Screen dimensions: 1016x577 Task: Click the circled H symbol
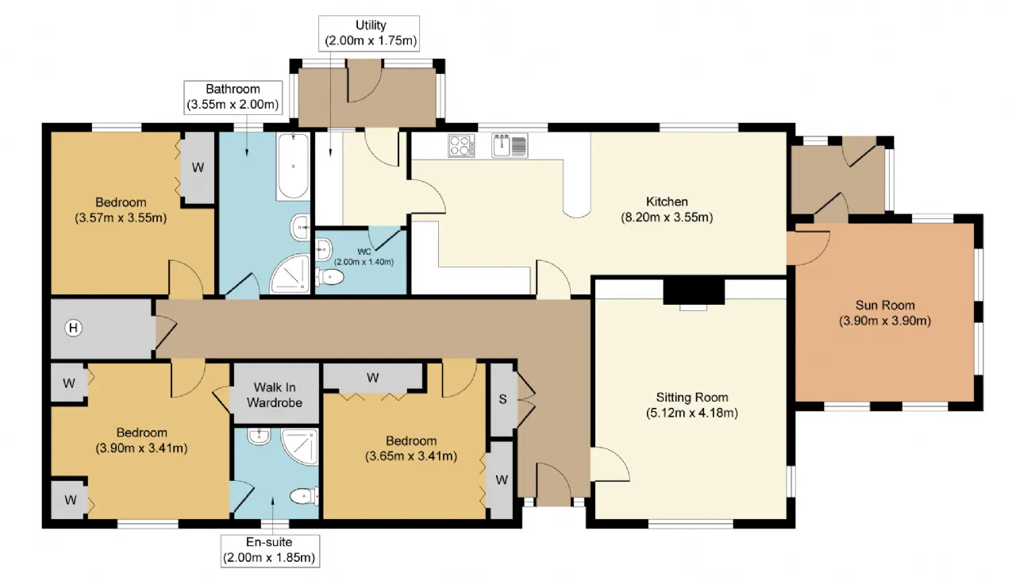tap(74, 328)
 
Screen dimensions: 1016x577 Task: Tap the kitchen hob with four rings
tap(461, 145)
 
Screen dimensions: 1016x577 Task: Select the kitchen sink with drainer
tap(510, 145)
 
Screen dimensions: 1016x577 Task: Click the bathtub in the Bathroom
tap(293, 167)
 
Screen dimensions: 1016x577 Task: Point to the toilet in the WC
tap(329, 277)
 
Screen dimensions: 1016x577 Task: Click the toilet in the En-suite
tap(304, 496)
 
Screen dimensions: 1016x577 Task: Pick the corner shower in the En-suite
tap(299, 447)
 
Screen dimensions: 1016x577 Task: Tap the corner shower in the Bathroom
tap(291, 274)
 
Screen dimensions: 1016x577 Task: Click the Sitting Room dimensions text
tap(691, 413)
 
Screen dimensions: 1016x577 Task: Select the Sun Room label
tap(885, 306)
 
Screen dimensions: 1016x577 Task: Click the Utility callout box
tap(369, 33)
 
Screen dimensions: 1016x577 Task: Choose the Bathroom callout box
tap(233, 97)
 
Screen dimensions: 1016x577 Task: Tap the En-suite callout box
tap(271, 551)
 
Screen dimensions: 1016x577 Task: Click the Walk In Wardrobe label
tap(275, 395)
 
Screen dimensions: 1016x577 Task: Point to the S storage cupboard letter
tap(502, 399)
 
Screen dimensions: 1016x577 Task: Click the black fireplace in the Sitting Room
tap(694, 291)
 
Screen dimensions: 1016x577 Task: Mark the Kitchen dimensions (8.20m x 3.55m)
tap(667, 217)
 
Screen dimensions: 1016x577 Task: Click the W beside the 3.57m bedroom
tap(198, 167)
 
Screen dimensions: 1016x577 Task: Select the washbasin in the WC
tap(324, 249)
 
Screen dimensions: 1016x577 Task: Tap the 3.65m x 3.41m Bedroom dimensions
tap(411, 456)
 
